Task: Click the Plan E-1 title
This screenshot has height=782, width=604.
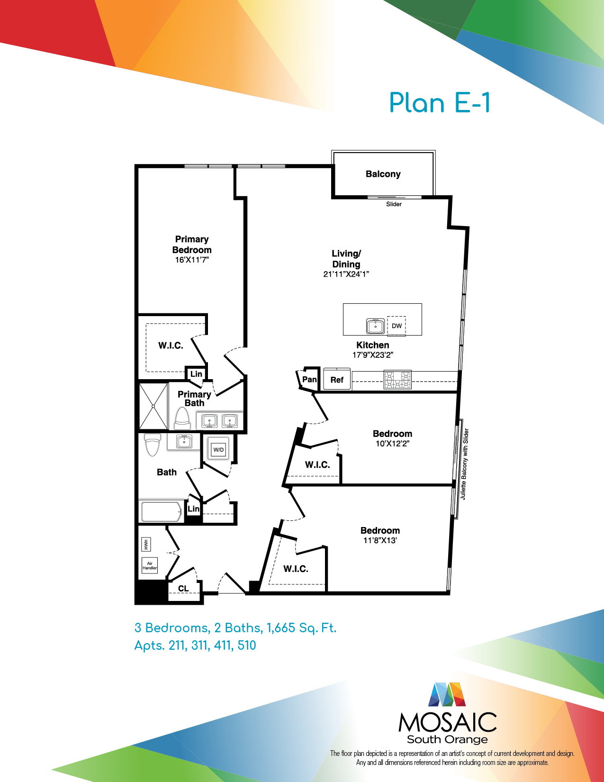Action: [440, 103]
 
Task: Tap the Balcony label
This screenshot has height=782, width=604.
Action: [383, 174]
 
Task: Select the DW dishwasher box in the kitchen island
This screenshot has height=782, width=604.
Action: [397, 326]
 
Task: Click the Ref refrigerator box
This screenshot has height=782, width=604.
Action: [337, 379]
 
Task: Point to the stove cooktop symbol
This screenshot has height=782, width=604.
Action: [397, 379]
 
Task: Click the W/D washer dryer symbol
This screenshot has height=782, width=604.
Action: [218, 449]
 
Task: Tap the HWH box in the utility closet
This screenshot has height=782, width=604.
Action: [146, 544]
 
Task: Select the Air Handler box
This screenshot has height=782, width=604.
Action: [150, 566]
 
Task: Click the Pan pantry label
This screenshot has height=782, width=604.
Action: [309, 379]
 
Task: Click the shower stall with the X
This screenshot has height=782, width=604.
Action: [153, 406]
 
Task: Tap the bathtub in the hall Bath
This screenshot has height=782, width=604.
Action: [162, 511]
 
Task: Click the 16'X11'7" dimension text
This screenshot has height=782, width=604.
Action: [192, 260]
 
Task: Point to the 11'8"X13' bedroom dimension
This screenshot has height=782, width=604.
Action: [380, 540]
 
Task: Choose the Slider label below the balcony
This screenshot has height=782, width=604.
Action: [394, 204]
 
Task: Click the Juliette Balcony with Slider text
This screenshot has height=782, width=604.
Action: [464, 464]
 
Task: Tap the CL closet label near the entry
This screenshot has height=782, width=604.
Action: [183, 588]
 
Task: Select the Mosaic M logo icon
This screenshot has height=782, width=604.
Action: [447, 694]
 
